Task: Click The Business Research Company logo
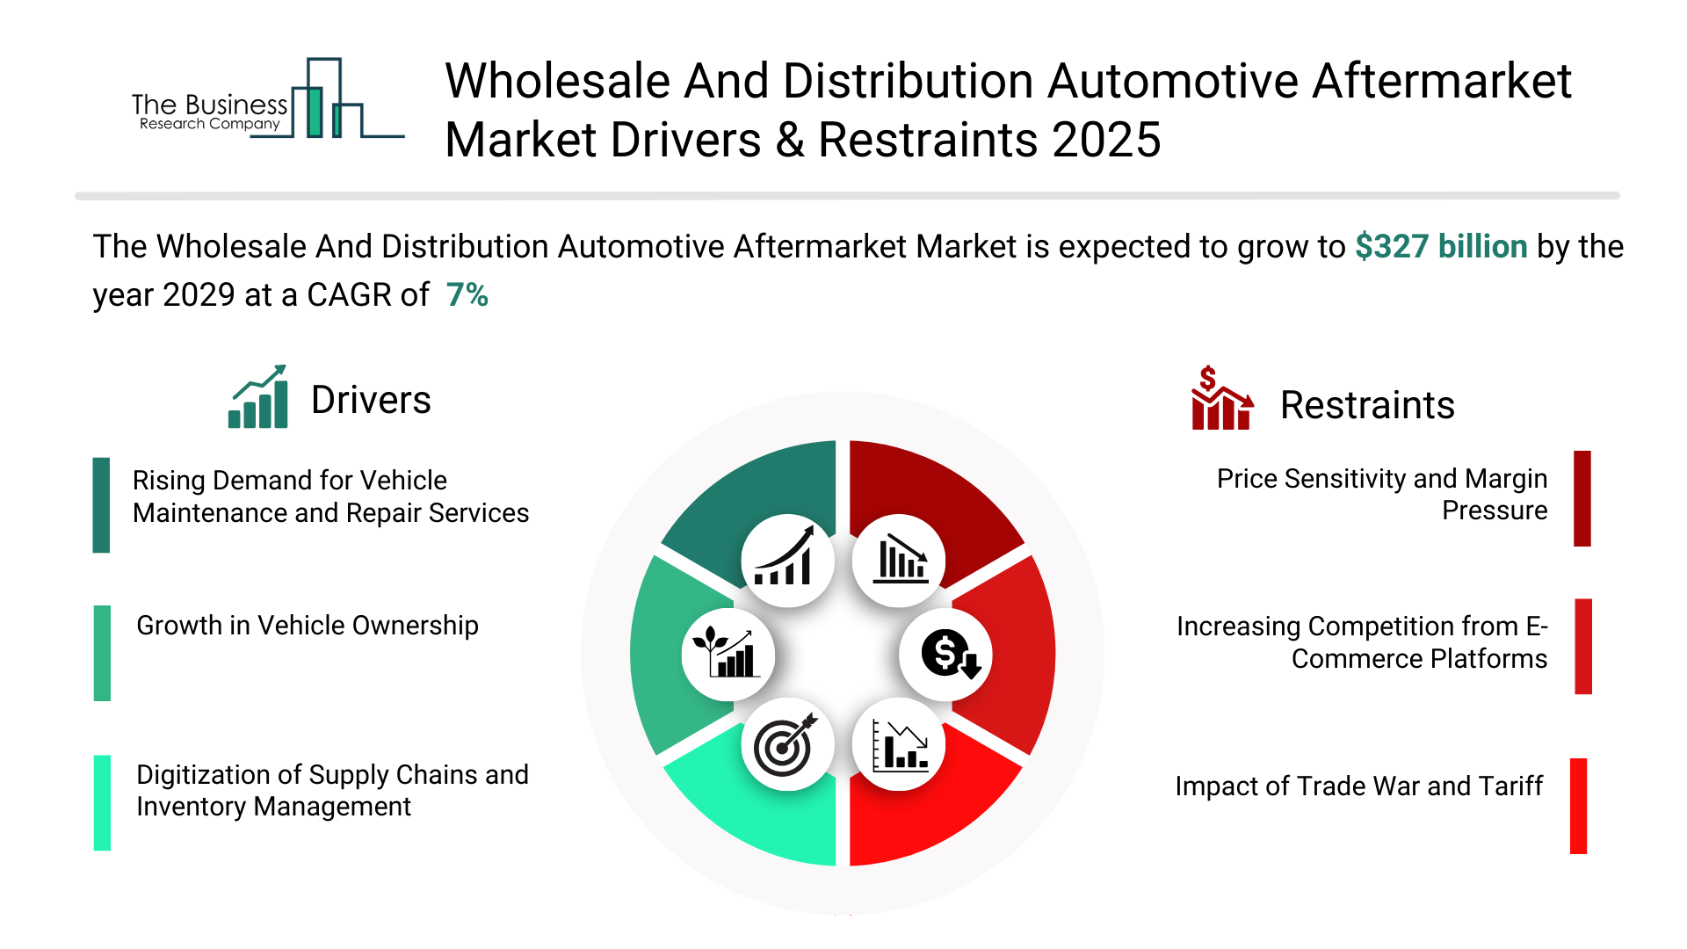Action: coord(264,101)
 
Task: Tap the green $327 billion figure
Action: coord(1441,247)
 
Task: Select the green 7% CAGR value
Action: coord(467,295)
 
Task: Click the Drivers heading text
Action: coord(371,401)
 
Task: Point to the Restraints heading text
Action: coord(1367,405)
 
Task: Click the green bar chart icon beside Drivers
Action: coord(258,397)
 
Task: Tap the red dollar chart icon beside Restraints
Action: coord(1221,399)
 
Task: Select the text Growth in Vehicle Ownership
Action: coord(308,626)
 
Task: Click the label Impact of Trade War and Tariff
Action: coord(1358,786)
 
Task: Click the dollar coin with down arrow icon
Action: coord(947,655)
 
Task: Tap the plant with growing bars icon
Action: coord(728,655)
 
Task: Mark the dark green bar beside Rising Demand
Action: coord(101,504)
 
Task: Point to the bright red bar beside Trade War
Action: coord(1578,806)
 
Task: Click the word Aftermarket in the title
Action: coord(1441,82)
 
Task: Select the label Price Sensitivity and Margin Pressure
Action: coord(1381,495)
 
